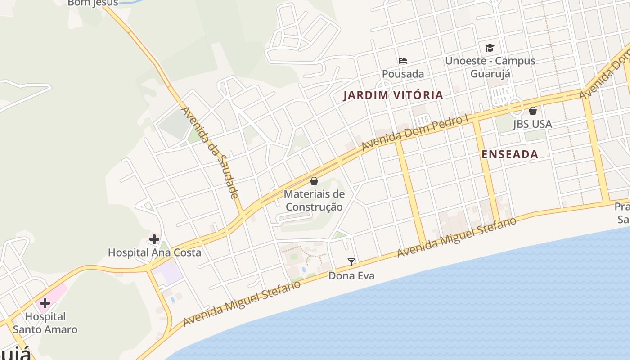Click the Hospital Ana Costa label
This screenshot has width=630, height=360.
(x=154, y=252)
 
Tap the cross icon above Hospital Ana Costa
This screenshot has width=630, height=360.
(x=154, y=239)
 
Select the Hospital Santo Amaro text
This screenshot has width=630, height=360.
(x=45, y=323)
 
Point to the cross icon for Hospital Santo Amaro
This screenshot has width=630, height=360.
(x=45, y=303)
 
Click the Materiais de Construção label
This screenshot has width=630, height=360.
(x=314, y=201)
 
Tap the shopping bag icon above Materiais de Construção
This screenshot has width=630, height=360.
(x=314, y=181)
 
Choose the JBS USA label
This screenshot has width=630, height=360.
(x=532, y=124)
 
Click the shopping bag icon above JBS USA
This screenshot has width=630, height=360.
(x=533, y=110)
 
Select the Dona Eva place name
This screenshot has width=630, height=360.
(x=351, y=276)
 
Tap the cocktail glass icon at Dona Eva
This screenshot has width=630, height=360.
(x=351, y=262)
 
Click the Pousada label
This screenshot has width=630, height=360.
(x=403, y=74)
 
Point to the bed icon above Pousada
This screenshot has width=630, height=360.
(x=403, y=61)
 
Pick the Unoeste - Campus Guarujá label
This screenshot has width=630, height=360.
(x=490, y=67)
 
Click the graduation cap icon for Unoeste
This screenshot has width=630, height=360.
(x=490, y=48)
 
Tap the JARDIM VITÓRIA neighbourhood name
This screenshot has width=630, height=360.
(x=393, y=95)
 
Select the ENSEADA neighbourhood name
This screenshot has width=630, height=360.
(x=510, y=154)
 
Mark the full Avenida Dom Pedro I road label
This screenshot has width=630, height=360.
(x=415, y=133)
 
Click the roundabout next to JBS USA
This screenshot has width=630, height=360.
(x=516, y=107)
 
